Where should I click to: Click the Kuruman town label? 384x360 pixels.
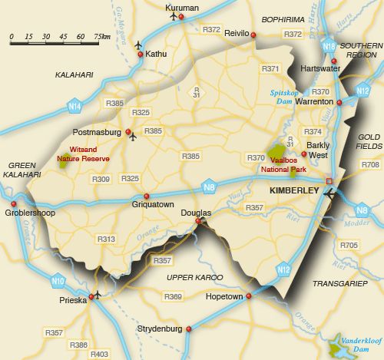(x=182, y=8)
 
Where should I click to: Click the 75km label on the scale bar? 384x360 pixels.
(x=101, y=37)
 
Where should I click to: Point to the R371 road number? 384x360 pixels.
(x=270, y=69)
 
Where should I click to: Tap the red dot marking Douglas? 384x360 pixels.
(x=198, y=221)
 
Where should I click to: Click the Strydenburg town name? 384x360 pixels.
(x=160, y=329)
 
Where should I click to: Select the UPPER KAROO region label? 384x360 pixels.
(x=195, y=277)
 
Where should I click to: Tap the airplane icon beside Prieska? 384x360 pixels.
(x=96, y=293)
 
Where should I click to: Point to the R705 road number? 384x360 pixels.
(x=349, y=245)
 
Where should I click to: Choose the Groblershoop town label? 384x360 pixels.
(x=31, y=213)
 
